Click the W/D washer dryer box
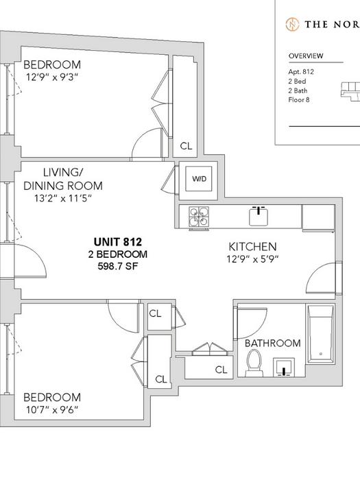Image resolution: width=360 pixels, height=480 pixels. [x=199, y=179]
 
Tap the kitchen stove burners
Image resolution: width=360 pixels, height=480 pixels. [x=200, y=217]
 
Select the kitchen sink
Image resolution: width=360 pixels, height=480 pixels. [x=259, y=216]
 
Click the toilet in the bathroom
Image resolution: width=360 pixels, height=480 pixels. [x=254, y=363]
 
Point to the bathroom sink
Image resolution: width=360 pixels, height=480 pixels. [x=284, y=366]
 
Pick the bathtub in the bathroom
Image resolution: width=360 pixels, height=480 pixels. [x=320, y=334]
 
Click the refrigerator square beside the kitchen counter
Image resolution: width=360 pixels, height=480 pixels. [x=318, y=217]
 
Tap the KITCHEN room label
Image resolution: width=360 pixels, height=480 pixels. [x=252, y=246]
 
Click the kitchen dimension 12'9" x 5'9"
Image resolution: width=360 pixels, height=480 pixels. [x=252, y=259]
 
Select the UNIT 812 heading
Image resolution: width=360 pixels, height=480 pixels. [x=118, y=242]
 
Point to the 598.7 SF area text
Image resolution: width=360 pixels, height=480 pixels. [x=118, y=266]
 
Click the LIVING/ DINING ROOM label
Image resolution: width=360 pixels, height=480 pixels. [x=63, y=179]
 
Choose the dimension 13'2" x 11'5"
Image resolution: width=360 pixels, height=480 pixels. [x=63, y=198]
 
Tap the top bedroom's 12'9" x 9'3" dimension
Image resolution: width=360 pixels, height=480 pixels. [x=52, y=77]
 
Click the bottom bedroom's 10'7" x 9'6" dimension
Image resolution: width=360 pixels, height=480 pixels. [x=52, y=409]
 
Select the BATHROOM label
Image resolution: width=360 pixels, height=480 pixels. [x=273, y=343]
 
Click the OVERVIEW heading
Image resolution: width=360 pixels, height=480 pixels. [x=306, y=56]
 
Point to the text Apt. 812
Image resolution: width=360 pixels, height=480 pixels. [x=301, y=71]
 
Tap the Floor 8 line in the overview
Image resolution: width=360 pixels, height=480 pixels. [x=299, y=100]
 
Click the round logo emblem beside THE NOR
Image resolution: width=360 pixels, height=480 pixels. [x=292, y=24]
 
